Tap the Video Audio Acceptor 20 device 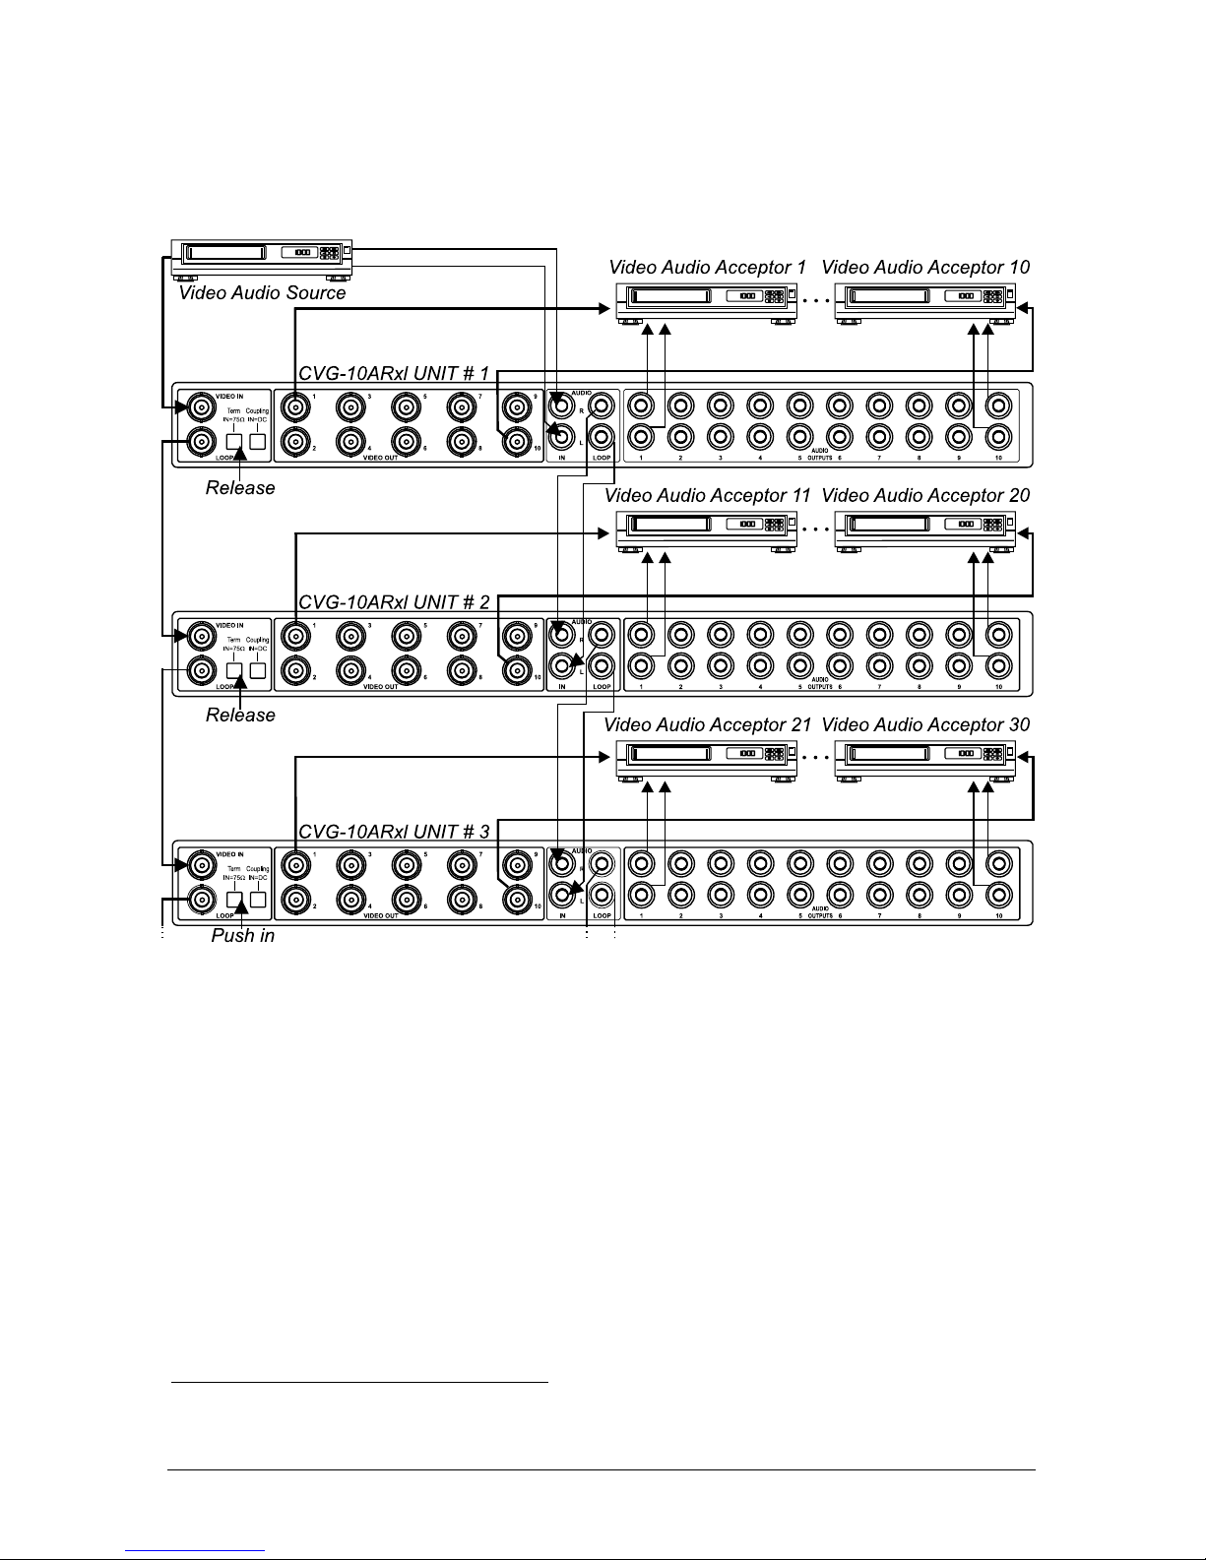click(x=924, y=530)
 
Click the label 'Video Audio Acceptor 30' click(x=925, y=725)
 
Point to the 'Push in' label click(x=242, y=936)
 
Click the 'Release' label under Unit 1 click(x=240, y=488)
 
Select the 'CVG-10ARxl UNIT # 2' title click(x=393, y=601)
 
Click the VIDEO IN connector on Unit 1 click(x=201, y=406)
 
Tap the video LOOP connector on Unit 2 click(x=201, y=671)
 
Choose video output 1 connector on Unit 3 click(x=293, y=864)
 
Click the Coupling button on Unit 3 click(x=258, y=899)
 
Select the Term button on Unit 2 click(x=234, y=670)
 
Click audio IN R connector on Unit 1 click(x=561, y=405)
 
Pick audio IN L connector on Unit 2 click(x=561, y=666)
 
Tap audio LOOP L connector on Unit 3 click(x=603, y=896)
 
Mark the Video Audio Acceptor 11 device click(x=706, y=530)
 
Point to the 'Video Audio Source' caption click(x=262, y=293)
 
